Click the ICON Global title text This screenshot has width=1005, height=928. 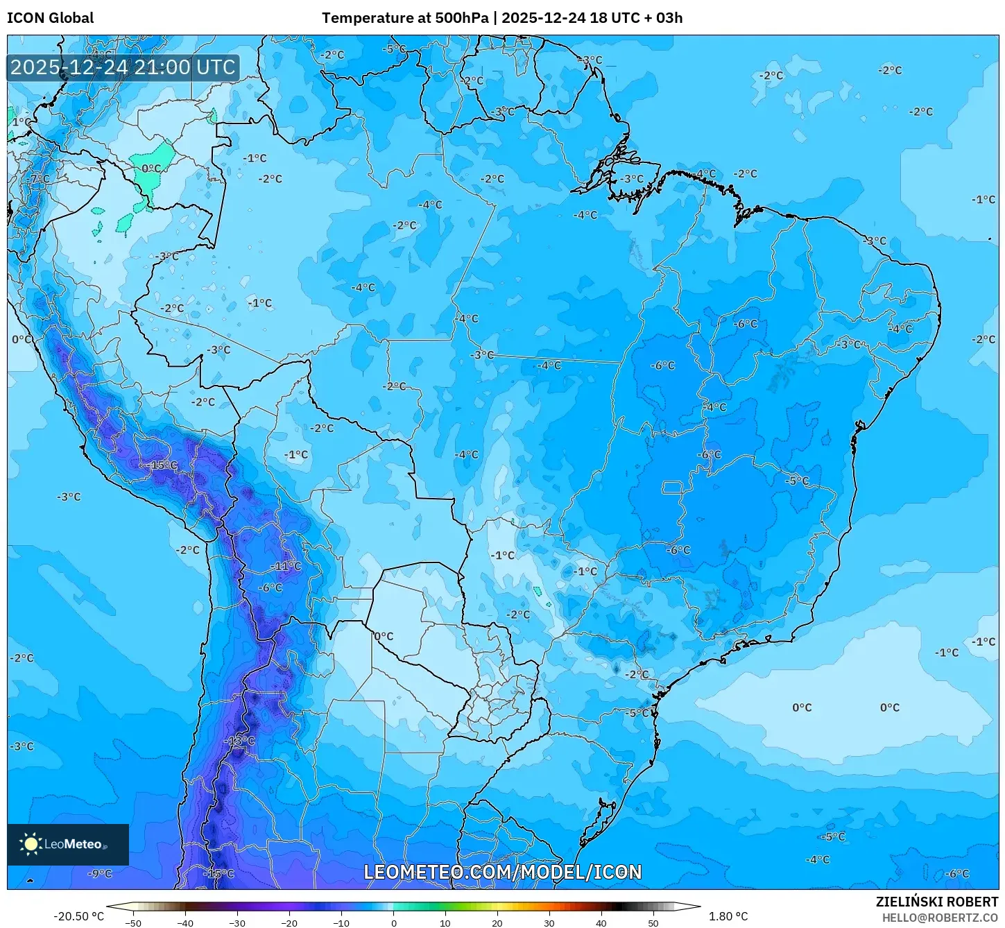tap(50, 18)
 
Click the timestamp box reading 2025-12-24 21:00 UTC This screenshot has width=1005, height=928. tap(123, 67)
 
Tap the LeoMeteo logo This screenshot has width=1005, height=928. tap(67, 844)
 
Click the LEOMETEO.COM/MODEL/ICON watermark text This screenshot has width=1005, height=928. tap(503, 872)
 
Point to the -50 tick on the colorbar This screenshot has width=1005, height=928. tap(133, 922)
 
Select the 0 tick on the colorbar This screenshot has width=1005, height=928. tap(393, 922)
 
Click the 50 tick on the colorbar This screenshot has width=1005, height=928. tap(653, 922)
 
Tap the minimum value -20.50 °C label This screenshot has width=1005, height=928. tap(78, 916)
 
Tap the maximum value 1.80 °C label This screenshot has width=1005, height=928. tap(728, 916)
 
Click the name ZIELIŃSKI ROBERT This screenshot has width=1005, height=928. tap(936, 902)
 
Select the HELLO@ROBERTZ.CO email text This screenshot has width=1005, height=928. tap(940, 918)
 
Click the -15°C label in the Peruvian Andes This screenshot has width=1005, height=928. tap(164, 465)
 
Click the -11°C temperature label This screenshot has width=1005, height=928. tap(286, 566)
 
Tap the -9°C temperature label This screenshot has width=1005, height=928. tap(101, 873)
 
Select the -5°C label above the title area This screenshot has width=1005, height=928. tap(395, 49)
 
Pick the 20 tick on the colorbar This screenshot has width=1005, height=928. tap(497, 922)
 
